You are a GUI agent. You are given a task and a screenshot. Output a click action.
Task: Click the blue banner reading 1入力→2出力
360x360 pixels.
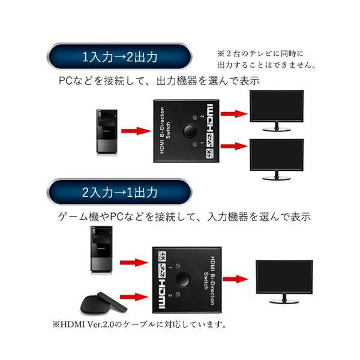pyautogui.click(x=120, y=58)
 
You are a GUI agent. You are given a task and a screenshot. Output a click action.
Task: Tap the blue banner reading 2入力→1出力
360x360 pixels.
pyautogui.click(x=120, y=193)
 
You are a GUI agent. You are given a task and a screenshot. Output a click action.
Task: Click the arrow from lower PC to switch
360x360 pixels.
pyautogui.click(x=134, y=262)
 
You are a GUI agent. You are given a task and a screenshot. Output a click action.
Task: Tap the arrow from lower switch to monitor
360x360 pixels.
pyautogui.click(x=233, y=278)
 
